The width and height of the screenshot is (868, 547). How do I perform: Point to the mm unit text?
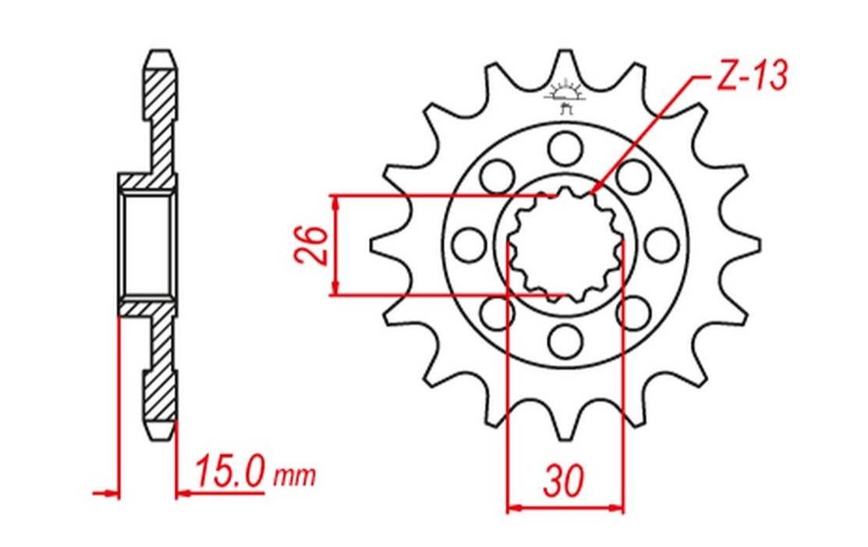click(294, 475)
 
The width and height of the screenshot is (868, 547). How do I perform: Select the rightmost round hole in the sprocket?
click(661, 243)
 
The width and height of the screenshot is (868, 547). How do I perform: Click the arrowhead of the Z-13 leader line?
click(594, 190)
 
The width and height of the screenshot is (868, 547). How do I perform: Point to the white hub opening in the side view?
click(146, 244)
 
